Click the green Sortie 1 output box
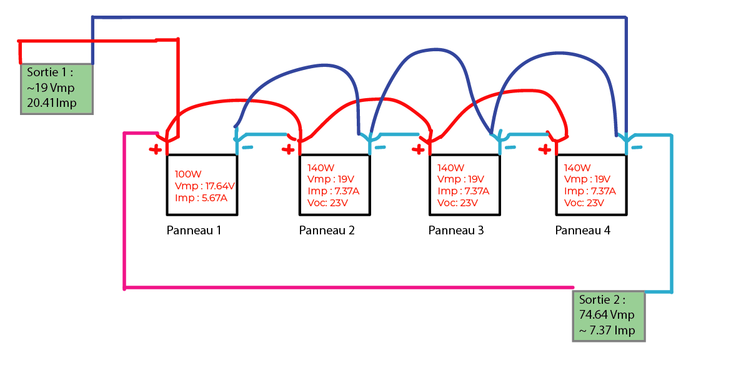[57, 88]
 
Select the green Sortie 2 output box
[609, 315]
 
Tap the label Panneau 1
[194, 230]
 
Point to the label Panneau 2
[327, 230]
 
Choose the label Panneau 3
[456, 230]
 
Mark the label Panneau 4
[582, 230]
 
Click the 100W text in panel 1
[187, 174]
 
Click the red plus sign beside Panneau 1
[154, 149]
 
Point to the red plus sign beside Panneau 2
[288, 149]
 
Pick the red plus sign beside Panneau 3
[417, 149]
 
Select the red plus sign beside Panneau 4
[545, 149]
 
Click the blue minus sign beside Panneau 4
[635, 148]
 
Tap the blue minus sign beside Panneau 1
[248, 148]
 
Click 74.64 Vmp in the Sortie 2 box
[607, 315]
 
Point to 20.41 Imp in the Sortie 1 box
[52, 102]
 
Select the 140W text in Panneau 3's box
[450, 168]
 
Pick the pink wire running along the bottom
[344, 288]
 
